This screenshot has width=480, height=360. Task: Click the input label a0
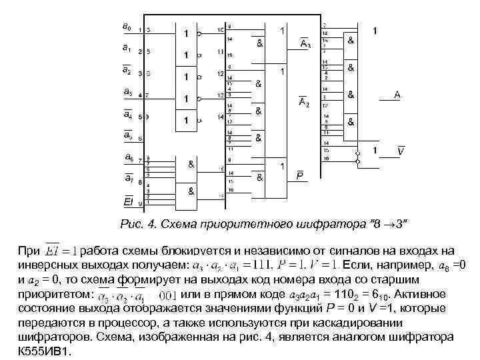click(127, 27)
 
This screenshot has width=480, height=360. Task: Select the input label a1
click(127, 48)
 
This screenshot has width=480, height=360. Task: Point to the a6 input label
click(127, 157)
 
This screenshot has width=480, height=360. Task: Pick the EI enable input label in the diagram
click(127, 201)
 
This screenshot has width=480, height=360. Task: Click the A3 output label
click(304, 44)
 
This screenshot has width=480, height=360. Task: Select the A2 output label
click(303, 102)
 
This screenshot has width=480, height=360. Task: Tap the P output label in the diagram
click(300, 176)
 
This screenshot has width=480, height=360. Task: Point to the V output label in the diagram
click(400, 153)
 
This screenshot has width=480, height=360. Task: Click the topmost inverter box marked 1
click(187, 33)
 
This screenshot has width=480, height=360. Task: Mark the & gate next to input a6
click(191, 163)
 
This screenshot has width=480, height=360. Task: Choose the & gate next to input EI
click(191, 191)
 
